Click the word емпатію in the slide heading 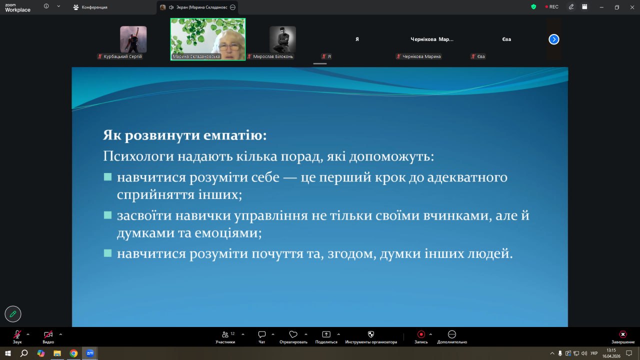click(235, 135)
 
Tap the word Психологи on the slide click(138, 156)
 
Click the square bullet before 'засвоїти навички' click(107, 215)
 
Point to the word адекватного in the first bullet click(467, 177)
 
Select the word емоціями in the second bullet click(228, 233)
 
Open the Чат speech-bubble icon click(261, 334)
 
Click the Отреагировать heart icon click(293, 334)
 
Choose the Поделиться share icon click(326, 334)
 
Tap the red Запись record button click(421, 334)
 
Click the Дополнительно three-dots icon click(451, 334)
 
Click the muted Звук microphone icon click(17, 334)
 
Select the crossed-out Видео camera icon click(48, 334)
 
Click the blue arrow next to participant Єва click(553, 39)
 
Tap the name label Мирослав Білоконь click(273, 56)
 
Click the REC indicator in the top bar click(551, 7)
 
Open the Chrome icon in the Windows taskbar click(73, 353)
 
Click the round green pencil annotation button click(13, 314)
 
